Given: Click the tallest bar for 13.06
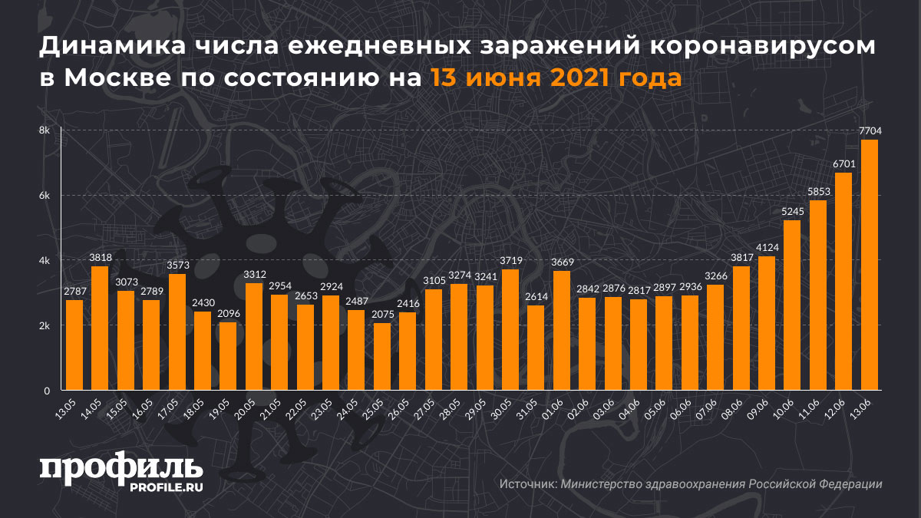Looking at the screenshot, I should (x=869, y=265).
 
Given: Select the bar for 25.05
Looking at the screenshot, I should (x=381, y=357).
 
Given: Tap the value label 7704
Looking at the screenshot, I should (x=869, y=131).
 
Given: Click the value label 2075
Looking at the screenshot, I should (x=381, y=315).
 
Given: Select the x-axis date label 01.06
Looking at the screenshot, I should (x=558, y=404).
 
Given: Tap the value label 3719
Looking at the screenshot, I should (x=510, y=261).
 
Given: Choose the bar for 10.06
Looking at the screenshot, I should (x=792, y=305).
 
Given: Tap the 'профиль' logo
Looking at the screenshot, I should (x=120, y=467).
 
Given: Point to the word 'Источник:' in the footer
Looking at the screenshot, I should (x=528, y=484).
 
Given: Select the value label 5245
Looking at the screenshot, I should (x=792, y=212).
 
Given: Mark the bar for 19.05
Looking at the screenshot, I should (x=228, y=356).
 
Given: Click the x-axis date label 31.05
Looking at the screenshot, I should (x=532, y=404).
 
